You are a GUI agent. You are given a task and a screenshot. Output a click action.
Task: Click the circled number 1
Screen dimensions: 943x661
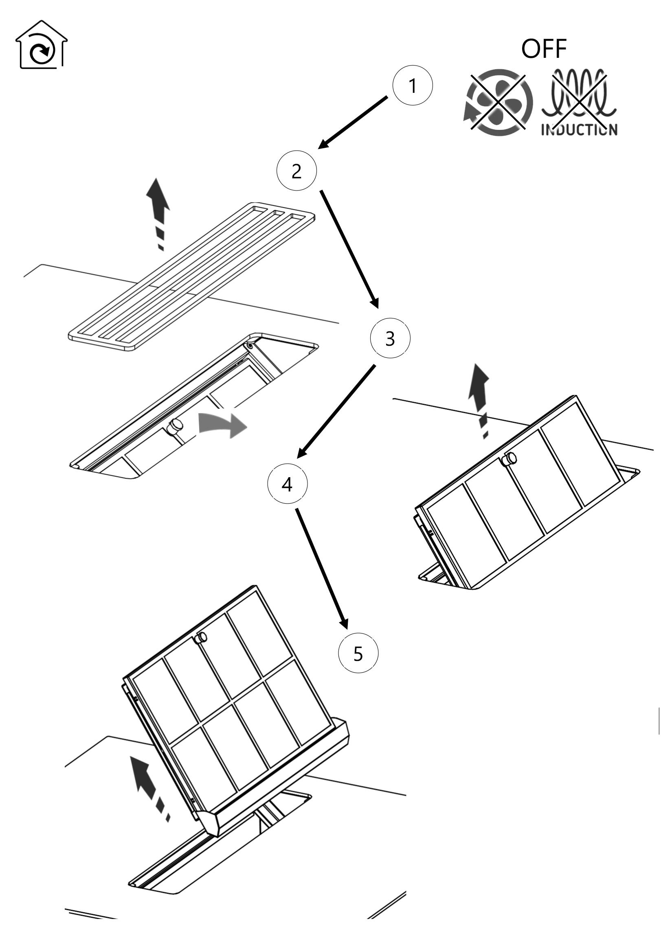coord(413,86)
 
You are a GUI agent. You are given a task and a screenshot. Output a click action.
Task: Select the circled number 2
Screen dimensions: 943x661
coord(296,171)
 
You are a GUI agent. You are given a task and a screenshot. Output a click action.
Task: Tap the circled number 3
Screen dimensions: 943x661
coord(390,338)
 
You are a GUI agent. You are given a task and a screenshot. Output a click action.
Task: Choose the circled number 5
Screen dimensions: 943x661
coord(358,653)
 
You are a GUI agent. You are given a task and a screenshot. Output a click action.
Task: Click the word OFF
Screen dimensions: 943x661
coord(544,49)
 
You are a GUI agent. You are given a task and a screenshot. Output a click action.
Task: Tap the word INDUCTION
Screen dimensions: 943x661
coord(579,130)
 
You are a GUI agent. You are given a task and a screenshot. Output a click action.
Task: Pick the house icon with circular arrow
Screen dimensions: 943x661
coord(41,45)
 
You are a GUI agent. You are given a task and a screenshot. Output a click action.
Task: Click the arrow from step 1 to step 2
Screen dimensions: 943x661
coord(353,122)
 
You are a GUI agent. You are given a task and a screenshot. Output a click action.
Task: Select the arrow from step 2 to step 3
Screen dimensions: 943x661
coord(349,249)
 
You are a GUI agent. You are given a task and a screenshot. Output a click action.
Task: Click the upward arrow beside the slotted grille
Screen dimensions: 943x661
coord(159,214)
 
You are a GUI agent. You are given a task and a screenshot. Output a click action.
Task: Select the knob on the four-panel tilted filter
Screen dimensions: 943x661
coord(510,458)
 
